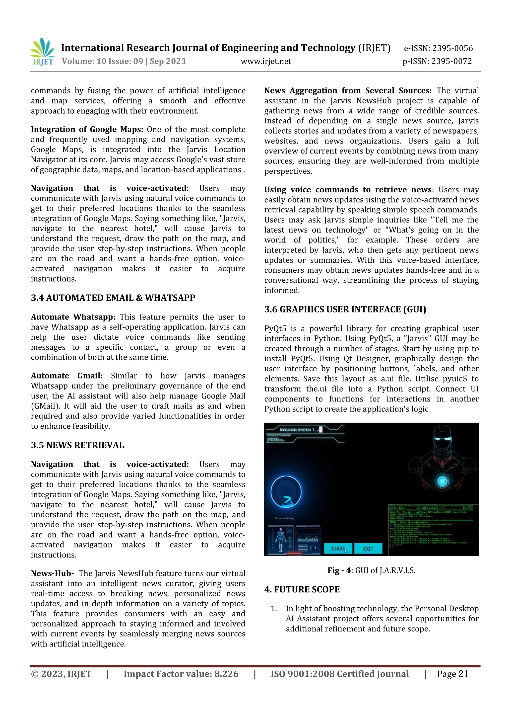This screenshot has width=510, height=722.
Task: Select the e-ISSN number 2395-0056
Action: click(x=452, y=48)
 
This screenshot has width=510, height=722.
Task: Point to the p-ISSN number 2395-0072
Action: click(x=451, y=61)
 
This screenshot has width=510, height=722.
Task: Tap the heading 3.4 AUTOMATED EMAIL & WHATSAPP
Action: click(x=113, y=298)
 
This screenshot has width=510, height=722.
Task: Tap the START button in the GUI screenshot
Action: click(x=338, y=549)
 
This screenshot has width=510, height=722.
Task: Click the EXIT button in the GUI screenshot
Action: click(x=368, y=549)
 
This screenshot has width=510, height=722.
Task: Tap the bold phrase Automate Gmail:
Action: click(x=67, y=376)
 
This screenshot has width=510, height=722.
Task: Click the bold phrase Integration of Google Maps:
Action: click(x=87, y=130)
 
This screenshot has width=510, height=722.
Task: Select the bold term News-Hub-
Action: click(x=52, y=573)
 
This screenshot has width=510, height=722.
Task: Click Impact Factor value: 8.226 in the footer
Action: click(x=181, y=674)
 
